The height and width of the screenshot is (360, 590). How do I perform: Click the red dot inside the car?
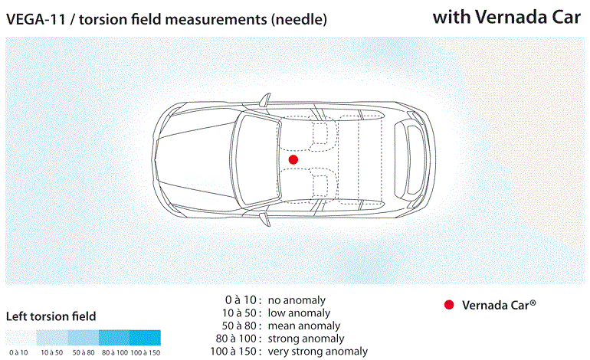pyautogui.click(x=293, y=159)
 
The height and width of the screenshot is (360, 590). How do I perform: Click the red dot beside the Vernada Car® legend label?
pyautogui.click(x=449, y=305)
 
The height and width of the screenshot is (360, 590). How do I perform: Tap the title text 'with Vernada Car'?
pyautogui.click(x=506, y=17)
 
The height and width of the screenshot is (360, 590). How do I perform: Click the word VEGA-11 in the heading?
pyautogui.click(x=36, y=19)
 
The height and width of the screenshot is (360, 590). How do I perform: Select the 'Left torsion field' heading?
pyautogui.click(x=51, y=316)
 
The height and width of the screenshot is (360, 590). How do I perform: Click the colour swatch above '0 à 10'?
pyautogui.click(x=21, y=338)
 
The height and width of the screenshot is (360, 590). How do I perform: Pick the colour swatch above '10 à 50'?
pyautogui.click(x=52, y=338)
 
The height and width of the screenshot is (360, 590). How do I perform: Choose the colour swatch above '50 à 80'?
pyautogui.click(x=84, y=338)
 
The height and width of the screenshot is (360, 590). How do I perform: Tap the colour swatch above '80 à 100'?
pyautogui.click(x=114, y=338)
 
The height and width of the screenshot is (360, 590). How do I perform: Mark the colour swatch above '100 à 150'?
pyautogui.click(x=146, y=338)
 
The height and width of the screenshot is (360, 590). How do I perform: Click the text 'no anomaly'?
pyautogui.click(x=297, y=300)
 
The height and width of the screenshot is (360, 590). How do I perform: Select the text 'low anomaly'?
pyautogui.click(x=299, y=313)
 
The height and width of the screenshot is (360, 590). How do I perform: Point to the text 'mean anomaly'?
pyautogui.click(x=304, y=326)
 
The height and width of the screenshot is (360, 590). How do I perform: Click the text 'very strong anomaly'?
pyautogui.click(x=317, y=352)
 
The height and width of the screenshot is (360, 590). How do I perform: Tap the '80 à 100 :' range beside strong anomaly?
pyautogui.click(x=238, y=339)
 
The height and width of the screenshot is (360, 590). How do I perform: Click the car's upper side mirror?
pyautogui.click(x=265, y=100)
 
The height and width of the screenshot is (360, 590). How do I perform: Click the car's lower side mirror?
pyautogui.click(x=265, y=219)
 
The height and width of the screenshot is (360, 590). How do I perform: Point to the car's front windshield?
pyautogui.click(x=256, y=159)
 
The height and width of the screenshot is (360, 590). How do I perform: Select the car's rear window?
pyautogui.click(x=409, y=160)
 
